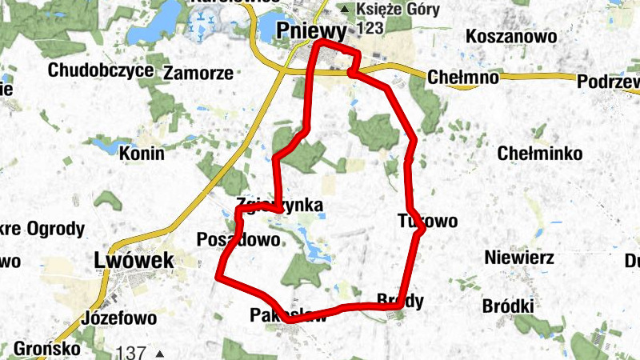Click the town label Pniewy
(312, 31)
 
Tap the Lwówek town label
(122, 260)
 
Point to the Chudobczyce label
(100, 70)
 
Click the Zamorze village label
(198, 73)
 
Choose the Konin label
(141, 153)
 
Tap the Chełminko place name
(539, 153)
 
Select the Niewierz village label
(518, 258)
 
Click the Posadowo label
(238, 239)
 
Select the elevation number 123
(370, 28)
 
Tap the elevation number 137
(130, 352)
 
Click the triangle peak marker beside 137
(160, 353)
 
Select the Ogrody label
(55, 230)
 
